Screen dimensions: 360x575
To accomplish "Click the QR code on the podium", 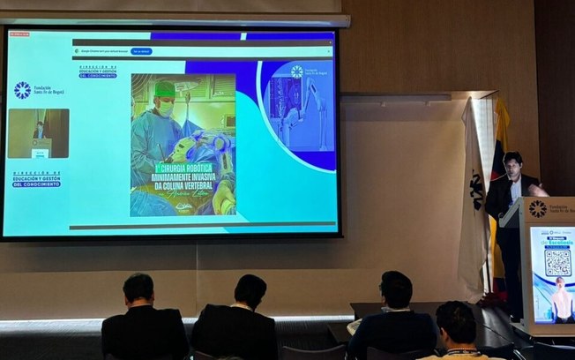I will [x=557, y=262].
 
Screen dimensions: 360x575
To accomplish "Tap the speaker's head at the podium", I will [x=513, y=164].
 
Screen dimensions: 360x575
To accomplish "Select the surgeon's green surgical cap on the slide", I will [x=165, y=88].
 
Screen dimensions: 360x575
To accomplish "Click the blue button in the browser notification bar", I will [x=141, y=51].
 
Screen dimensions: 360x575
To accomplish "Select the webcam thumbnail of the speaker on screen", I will [x=38, y=133].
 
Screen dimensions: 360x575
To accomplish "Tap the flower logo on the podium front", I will [x=537, y=209].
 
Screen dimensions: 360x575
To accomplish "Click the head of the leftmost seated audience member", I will [x=138, y=289].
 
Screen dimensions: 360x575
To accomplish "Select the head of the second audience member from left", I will [x=250, y=291].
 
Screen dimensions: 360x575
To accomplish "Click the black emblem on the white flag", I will [x=475, y=189].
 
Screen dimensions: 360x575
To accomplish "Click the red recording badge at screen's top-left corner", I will [x=19, y=34].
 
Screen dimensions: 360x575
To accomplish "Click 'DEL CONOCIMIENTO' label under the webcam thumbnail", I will [x=37, y=184].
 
